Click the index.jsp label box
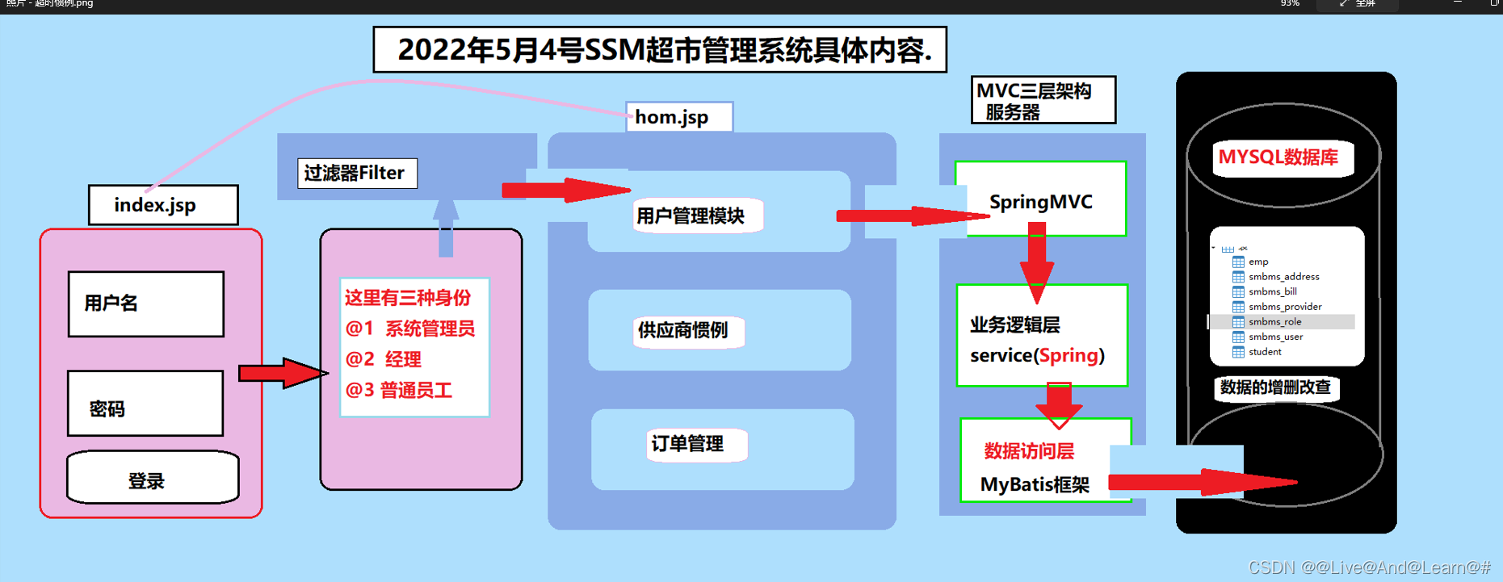click(x=162, y=205)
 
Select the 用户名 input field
click(x=146, y=304)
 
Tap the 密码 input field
click(x=145, y=404)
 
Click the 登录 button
click(x=153, y=478)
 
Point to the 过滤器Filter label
click(x=357, y=173)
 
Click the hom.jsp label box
click(x=678, y=117)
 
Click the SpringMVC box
click(x=1040, y=200)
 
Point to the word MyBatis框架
click(x=1035, y=484)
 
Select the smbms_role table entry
click(x=1274, y=322)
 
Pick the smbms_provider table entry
click(x=1284, y=307)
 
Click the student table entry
click(x=1265, y=352)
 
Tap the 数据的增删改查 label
click(x=1275, y=387)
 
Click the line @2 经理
click(x=384, y=359)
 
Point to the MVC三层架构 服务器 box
click(x=1043, y=100)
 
